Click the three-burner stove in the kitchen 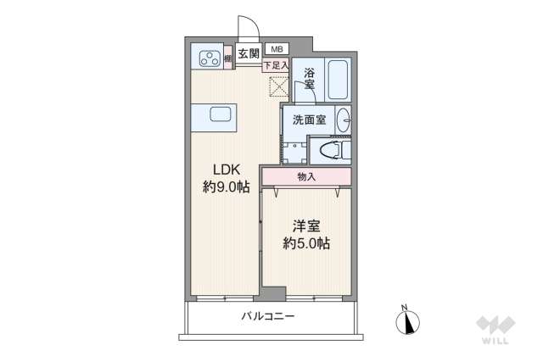point(209,58)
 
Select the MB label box point(277,48)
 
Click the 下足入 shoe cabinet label point(275,65)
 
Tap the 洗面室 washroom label point(309,120)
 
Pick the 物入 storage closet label point(306,176)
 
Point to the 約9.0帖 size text point(225,187)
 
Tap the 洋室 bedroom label point(306,226)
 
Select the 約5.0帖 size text point(306,244)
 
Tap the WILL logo point(495,330)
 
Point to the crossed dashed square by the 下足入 point(278,86)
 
